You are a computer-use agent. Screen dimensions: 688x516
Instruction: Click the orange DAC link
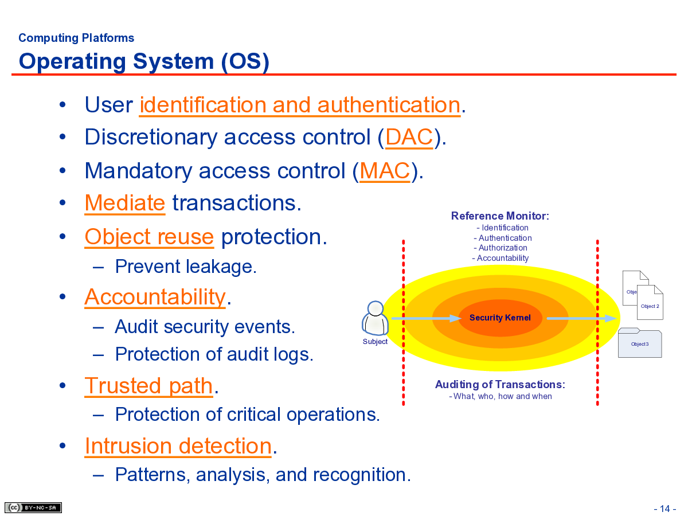coord(409,137)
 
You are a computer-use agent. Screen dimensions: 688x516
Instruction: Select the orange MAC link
coord(385,171)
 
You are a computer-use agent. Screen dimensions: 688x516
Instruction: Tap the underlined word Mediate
coord(125,203)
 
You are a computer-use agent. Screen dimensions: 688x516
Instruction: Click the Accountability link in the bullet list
coord(155,297)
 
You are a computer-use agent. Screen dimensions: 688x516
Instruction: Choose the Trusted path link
coord(149,386)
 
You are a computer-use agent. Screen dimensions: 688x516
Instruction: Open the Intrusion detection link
coord(178,446)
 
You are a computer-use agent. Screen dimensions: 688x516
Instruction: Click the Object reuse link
coord(149,237)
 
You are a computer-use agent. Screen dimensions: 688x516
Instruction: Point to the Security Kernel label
coord(500,318)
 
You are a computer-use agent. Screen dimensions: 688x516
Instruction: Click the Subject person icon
coord(375,318)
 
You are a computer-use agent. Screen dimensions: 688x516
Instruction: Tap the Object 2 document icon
coord(650,302)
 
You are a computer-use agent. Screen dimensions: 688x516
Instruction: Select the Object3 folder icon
coord(640,343)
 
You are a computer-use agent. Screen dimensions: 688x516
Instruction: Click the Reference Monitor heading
coord(500,216)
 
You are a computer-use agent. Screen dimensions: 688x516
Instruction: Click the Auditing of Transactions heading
coord(500,384)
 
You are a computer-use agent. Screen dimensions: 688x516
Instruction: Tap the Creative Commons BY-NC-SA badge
coord(33,507)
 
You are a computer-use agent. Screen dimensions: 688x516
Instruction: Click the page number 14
coord(665,509)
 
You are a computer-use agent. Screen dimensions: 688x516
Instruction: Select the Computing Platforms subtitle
coord(76,38)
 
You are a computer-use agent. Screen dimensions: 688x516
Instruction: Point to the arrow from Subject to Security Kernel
coord(427,319)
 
